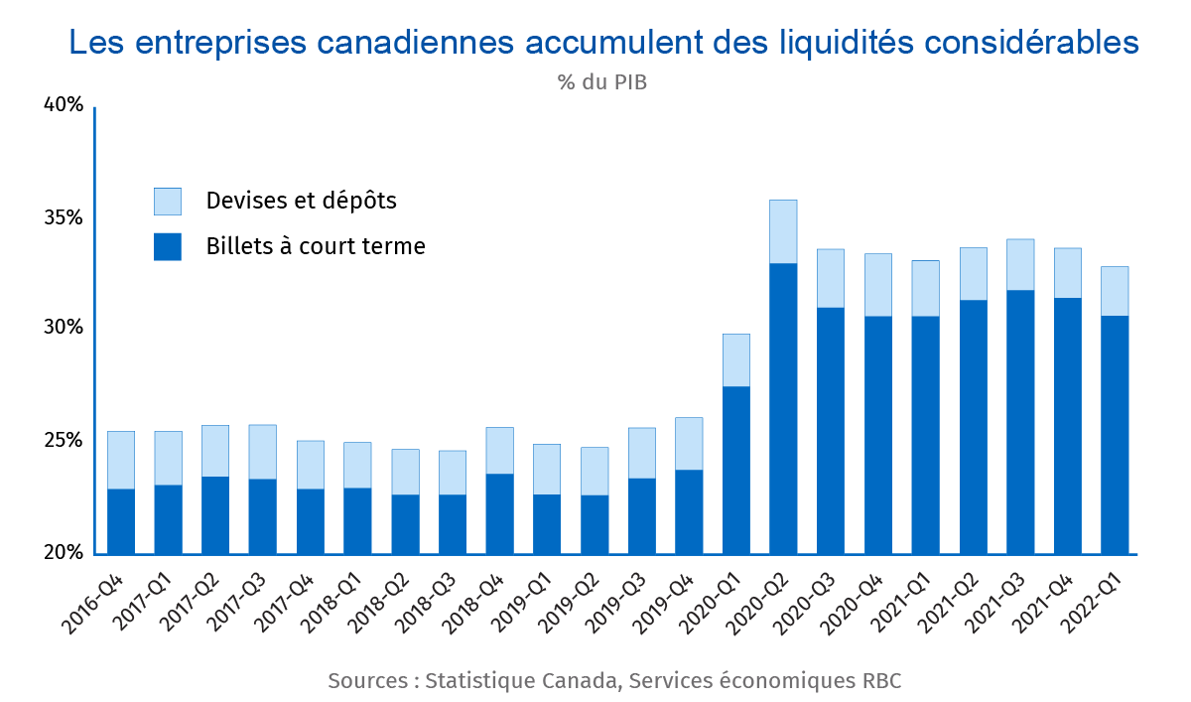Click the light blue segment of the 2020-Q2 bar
click(x=783, y=231)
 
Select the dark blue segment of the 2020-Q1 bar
click(x=735, y=470)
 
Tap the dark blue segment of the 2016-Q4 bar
click(x=121, y=521)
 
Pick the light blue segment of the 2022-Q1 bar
click(x=1115, y=291)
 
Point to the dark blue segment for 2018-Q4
click(x=499, y=513)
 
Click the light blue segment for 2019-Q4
click(x=689, y=444)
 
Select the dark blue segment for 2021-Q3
click(x=1020, y=422)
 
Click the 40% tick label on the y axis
click(x=62, y=105)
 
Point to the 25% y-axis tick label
click(x=62, y=440)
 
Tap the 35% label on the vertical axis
click(x=62, y=217)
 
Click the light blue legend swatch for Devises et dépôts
click(x=168, y=202)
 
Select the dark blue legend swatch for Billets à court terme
click(x=168, y=246)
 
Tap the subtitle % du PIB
click(x=602, y=82)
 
